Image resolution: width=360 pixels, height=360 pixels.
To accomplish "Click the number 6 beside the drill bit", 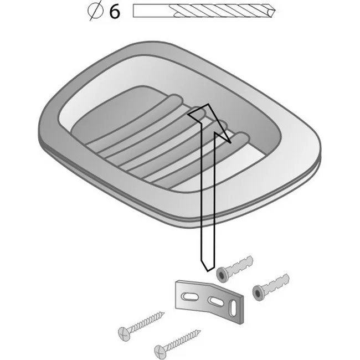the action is [115, 12].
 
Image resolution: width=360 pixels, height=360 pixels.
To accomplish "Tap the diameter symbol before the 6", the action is [95, 11].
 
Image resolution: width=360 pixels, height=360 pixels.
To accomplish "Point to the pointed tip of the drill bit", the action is [275, 11].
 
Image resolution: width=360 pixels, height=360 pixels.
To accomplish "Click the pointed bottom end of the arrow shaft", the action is [208, 271].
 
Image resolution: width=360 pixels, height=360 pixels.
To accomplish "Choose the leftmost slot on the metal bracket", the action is [189, 297].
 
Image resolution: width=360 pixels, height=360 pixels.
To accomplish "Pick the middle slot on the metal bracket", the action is [216, 301].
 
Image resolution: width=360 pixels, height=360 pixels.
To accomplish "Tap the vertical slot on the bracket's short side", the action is [233, 307].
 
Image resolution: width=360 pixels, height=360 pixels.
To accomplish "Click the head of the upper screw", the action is [124, 333].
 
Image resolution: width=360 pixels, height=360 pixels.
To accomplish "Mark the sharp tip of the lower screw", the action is [200, 331].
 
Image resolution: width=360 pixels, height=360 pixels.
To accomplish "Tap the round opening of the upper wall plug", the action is [222, 275].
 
